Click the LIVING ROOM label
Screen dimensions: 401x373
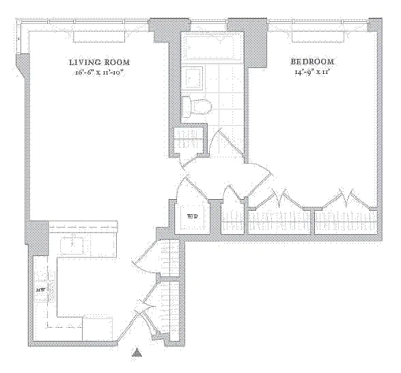(x=100, y=62)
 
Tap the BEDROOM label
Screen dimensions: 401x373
(x=312, y=62)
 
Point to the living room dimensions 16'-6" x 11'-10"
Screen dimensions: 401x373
(x=100, y=73)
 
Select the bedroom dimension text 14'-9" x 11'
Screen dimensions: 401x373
(x=312, y=73)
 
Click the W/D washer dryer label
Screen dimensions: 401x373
(x=193, y=216)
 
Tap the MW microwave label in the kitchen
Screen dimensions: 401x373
(x=41, y=290)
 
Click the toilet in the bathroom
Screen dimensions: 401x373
(x=197, y=106)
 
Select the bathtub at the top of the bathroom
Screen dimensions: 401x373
(x=212, y=48)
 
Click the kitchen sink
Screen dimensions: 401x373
(x=72, y=246)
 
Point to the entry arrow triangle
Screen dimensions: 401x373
(x=137, y=352)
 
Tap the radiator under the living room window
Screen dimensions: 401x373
(x=99, y=37)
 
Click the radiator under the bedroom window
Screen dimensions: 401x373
(x=318, y=37)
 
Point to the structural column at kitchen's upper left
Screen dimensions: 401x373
(x=38, y=237)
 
